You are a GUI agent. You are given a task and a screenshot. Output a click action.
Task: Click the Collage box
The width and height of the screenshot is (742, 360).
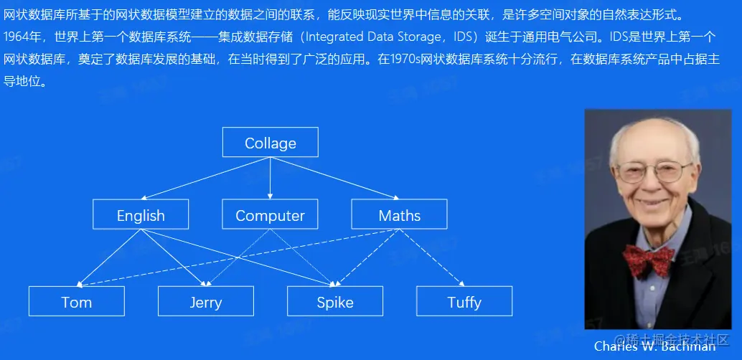[x=271, y=142]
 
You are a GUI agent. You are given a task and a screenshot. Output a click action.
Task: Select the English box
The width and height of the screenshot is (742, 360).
[x=141, y=214]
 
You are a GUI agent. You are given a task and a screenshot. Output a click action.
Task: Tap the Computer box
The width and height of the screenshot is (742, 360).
[x=270, y=214]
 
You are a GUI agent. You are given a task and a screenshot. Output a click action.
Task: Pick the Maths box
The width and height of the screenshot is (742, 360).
[x=400, y=214]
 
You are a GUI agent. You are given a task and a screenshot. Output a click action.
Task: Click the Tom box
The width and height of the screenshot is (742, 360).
[x=77, y=301]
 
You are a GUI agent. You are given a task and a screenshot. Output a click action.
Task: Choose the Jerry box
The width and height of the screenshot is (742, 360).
[x=206, y=301]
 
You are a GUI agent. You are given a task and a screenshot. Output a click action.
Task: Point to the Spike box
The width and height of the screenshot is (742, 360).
[x=335, y=301]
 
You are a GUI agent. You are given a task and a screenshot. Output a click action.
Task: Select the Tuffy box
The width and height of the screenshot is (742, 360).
[x=464, y=301]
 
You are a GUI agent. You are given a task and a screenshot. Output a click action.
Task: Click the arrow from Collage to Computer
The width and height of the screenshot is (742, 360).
[x=271, y=178]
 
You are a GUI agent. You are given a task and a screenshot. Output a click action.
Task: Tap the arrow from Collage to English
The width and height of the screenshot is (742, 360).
[x=205, y=178]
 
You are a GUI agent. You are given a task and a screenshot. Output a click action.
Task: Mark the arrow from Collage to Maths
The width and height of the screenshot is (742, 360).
[x=335, y=178]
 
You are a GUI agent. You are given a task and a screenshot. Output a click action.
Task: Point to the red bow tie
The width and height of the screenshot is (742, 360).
[x=648, y=260]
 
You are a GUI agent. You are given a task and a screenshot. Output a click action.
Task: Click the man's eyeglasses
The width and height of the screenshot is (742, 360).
[x=655, y=171]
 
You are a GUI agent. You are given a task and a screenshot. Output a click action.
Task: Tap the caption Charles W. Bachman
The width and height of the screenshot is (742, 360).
[x=655, y=346]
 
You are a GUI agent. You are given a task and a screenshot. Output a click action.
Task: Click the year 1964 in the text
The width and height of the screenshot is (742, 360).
[x=16, y=37]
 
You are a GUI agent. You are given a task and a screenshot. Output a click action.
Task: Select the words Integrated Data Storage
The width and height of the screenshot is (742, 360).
[x=371, y=37]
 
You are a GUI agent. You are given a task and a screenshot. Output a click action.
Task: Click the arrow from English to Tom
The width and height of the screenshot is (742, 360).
[x=108, y=258]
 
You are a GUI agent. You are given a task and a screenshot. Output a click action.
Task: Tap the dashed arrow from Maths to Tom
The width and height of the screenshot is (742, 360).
[x=238, y=258]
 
